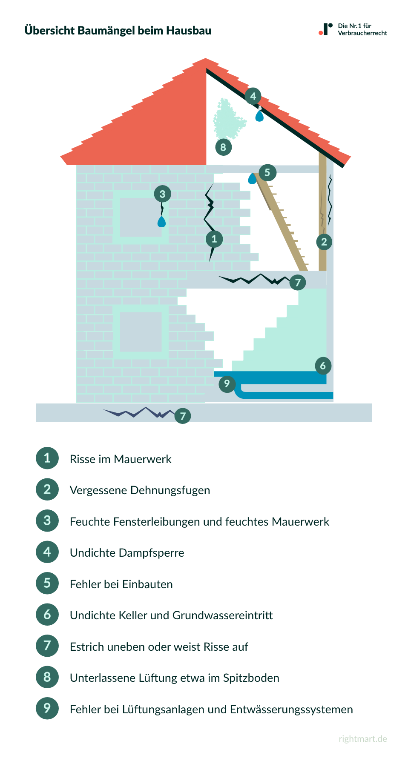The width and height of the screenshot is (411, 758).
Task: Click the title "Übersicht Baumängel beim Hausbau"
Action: pyautogui.click(x=118, y=31)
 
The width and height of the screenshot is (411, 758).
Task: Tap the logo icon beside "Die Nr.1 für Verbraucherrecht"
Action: pyautogui.click(x=326, y=29)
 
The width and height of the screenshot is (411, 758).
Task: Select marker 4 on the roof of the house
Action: pyautogui.click(x=253, y=96)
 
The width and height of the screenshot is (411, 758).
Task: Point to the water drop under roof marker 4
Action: pyautogui.click(x=259, y=115)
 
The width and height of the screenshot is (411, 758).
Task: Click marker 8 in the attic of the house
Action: pyautogui.click(x=223, y=148)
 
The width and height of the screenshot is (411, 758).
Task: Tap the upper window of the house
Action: pyautogui.click(x=141, y=217)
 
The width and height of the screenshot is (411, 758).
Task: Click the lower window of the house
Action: pyautogui.click(x=141, y=332)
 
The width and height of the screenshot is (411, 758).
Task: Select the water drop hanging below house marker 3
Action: pyautogui.click(x=161, y=222)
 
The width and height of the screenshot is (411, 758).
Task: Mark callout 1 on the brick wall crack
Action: pyautogui.click(x=214, y=239)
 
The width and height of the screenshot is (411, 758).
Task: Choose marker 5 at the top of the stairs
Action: pyautogui.click(x=267, y=172)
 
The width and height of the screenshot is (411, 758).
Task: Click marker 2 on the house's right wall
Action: pyautogui.click(x=324, y=242)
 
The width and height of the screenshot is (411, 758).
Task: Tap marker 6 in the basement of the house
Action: pyautogui.click(x=323, y=366)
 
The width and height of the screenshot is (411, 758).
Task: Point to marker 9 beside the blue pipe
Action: pyautogui.click(x=227, y=384)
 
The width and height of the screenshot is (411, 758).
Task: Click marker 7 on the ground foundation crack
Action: pyautogui.click(x=183, y=416)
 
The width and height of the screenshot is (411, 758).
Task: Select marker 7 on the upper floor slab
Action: pyautogui.click(x=298, y=282)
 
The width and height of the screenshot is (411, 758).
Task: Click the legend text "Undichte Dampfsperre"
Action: pyautogui.click(x=127, y=553)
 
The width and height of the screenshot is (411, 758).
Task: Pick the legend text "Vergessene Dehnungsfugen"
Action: pyautogui.click(x=140, y=490)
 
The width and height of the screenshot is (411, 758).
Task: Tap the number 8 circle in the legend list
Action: pyautogui.click(x=47, y=677)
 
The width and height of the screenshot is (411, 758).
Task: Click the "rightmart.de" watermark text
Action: pyautogui.click(x=363, y=739)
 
